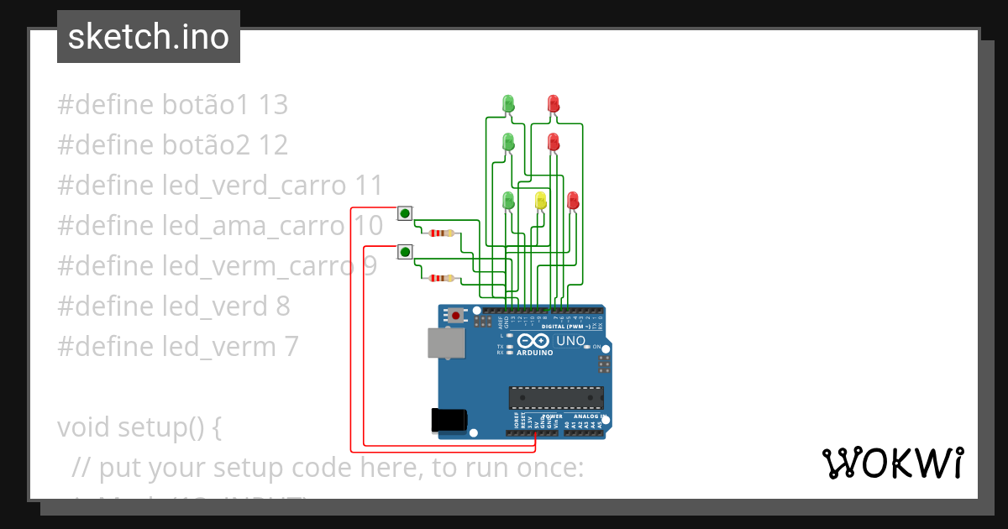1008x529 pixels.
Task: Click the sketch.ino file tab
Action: click(x=149, y=37)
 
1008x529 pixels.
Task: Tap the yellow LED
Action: click(x=540, y=200)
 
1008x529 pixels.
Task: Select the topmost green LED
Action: click(x=507, y=103)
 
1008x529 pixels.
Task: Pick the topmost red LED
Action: click(x=553, y=103)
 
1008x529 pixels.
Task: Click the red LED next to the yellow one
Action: click(x=573, y=200)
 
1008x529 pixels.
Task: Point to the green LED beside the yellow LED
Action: click(x=507, y=200)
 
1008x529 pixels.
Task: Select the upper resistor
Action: click(x=441, y=233)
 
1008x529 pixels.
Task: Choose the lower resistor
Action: click(x=441, y=278)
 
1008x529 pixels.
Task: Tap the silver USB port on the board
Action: click(x=445, y=343)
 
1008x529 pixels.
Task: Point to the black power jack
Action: click(x=448, y=420)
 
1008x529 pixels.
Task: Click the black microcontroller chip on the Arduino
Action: click(x=555, y=397)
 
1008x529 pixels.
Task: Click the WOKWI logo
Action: click(x=892, y=464)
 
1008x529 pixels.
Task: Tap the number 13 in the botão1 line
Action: click(x=273, y=105)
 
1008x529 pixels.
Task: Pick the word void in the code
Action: click(x=84, y=427)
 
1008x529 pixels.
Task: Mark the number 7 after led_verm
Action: click(x=290, y=347)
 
